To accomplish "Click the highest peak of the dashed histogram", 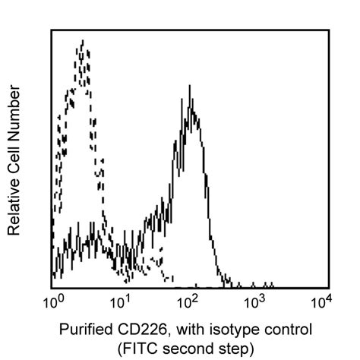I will point(81,43).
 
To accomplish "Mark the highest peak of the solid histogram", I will point(189,86).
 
